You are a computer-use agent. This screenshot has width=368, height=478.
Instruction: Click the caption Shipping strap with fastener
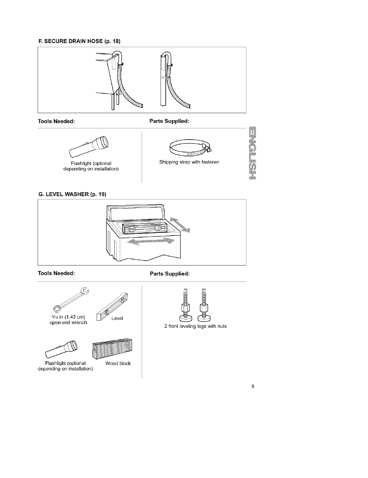tap(189, 162)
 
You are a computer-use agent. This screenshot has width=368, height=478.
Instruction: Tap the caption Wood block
tap(118, 363)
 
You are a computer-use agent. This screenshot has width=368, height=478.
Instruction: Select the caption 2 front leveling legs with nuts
tap(195, 326)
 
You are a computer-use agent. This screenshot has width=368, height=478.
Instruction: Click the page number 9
tap(253, 387)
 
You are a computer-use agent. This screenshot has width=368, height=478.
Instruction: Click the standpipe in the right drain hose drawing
tap(163, 91)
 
